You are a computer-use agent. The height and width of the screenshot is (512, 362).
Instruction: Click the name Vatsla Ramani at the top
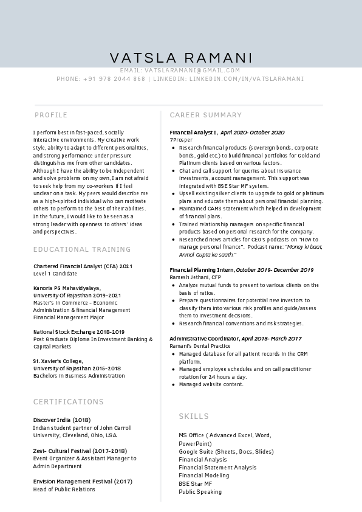click(x=181, y=58)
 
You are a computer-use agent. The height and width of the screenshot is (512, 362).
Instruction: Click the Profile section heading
click(x=51, y=115)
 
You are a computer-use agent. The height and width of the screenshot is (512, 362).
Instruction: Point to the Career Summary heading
click(x=206, y=115)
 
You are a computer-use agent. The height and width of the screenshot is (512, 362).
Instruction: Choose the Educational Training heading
click(x=82, y=249)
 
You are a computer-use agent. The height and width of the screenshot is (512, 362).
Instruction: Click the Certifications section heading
click(x=69, y=402)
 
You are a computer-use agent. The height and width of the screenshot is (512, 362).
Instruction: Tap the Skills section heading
click(x=194, y=417)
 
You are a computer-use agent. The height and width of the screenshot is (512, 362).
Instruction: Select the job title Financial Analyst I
click(x=194, y=133)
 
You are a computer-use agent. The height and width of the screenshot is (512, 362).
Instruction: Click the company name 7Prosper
click(x=181, y=140)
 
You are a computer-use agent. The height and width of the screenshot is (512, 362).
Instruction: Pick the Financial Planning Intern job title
click(x=202, y=270)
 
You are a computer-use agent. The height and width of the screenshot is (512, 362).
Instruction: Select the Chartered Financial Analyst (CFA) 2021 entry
click(x=83, y=266)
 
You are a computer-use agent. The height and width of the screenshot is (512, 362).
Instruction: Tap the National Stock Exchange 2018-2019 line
click(x=79, y=332)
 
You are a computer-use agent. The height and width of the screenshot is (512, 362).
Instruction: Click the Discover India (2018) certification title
click(x=62, y=420)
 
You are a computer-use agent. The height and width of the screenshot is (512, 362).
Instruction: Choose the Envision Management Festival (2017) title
click(x=83, y=482)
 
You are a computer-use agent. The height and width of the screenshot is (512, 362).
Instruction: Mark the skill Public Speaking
click(x=200, y=492)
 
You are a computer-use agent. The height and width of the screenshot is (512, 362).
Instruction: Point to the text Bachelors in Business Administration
click(x=79, y=376)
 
